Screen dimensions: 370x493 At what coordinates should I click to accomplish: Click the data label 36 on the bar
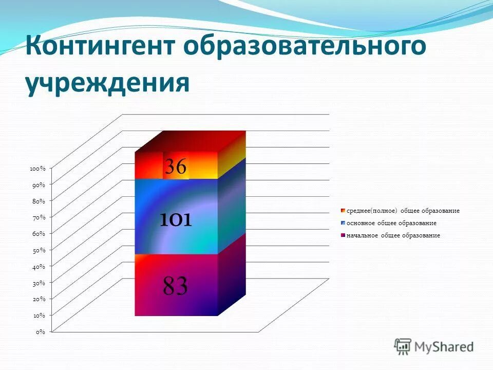coord(176,166)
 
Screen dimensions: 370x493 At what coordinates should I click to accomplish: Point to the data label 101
coord(175,220)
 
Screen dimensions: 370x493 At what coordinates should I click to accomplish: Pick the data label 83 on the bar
coord(175,286)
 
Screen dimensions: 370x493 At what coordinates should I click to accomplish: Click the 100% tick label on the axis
coord(37,169)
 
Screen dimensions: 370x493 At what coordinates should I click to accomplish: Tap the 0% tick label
coord(41,332)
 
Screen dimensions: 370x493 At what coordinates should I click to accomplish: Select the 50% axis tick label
coord(39,250)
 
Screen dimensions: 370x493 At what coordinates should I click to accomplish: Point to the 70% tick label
coord(39,217)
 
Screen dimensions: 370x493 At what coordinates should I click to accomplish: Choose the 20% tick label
coord(39,299)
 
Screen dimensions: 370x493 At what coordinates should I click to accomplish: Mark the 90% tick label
coord(39,184)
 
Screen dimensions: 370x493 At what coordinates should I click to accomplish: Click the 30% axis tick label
coord(39,283)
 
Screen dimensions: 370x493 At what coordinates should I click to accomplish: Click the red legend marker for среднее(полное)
coord(343,211)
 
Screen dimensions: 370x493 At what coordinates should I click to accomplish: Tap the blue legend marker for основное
coord(343,223)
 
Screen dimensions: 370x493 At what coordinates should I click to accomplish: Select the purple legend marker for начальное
coord(343,235)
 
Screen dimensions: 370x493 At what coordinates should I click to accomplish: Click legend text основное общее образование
coord(391,223)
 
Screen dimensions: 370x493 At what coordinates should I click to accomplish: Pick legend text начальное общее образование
coord(393,235)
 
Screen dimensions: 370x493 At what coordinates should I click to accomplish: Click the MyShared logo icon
coord(403,346)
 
